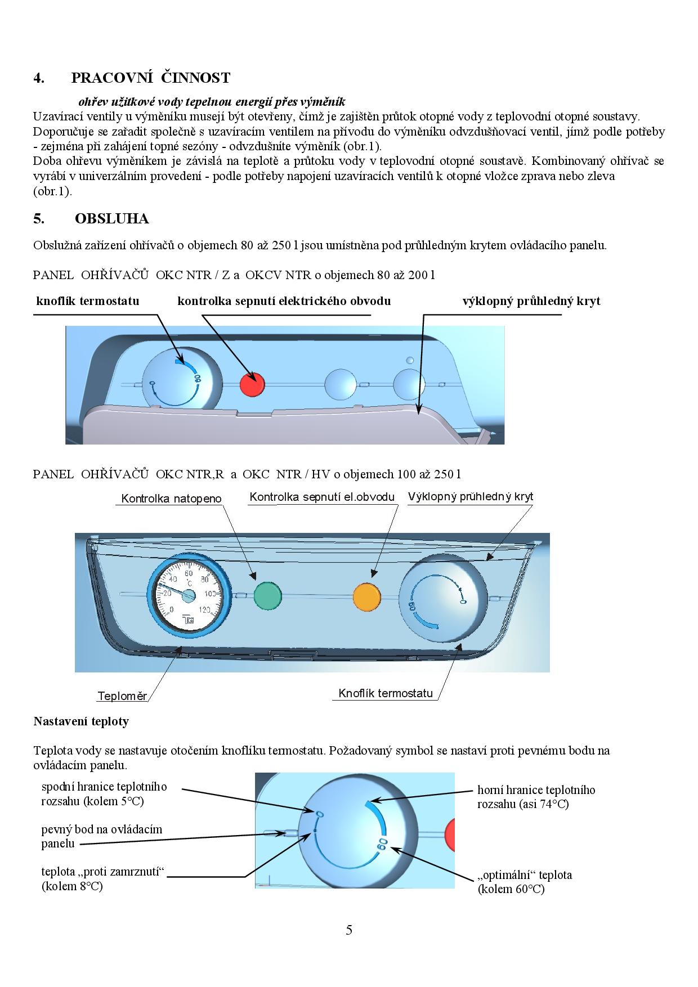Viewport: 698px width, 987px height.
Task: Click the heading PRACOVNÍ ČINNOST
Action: [x=150, y=78]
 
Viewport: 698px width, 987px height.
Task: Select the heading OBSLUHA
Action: [x=111, y=218]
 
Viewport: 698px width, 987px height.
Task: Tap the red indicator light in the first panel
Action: [x=252, y=384]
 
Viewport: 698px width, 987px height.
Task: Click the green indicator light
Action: [x=267, y=596]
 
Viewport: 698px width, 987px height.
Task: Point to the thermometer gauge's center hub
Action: [x=189, y=595]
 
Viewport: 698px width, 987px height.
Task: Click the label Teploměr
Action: [x=122, y=696]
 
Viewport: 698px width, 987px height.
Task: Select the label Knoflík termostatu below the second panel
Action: [x=386, y=693]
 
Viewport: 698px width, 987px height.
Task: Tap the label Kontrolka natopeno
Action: [x=171, y=499]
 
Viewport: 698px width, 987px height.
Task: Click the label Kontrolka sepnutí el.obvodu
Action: [x=322, y=497]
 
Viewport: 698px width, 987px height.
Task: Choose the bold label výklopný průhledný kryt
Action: [x=531, y=301]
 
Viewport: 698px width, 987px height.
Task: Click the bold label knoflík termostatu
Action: [x=87, y=301]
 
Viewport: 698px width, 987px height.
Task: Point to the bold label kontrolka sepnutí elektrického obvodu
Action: [x=284, y=301]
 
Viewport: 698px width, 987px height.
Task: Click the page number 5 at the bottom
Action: [x=349, y=930]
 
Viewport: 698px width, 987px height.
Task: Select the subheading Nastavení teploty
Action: [x=81, y=721]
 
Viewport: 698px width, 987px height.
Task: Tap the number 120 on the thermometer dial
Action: [x=204, y=609]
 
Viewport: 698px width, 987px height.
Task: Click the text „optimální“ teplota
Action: [x=525, y=875]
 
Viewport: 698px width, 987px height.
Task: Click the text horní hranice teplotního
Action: [x=536, y=790]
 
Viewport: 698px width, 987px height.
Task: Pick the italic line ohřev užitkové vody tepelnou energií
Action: [x=212, y=102]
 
